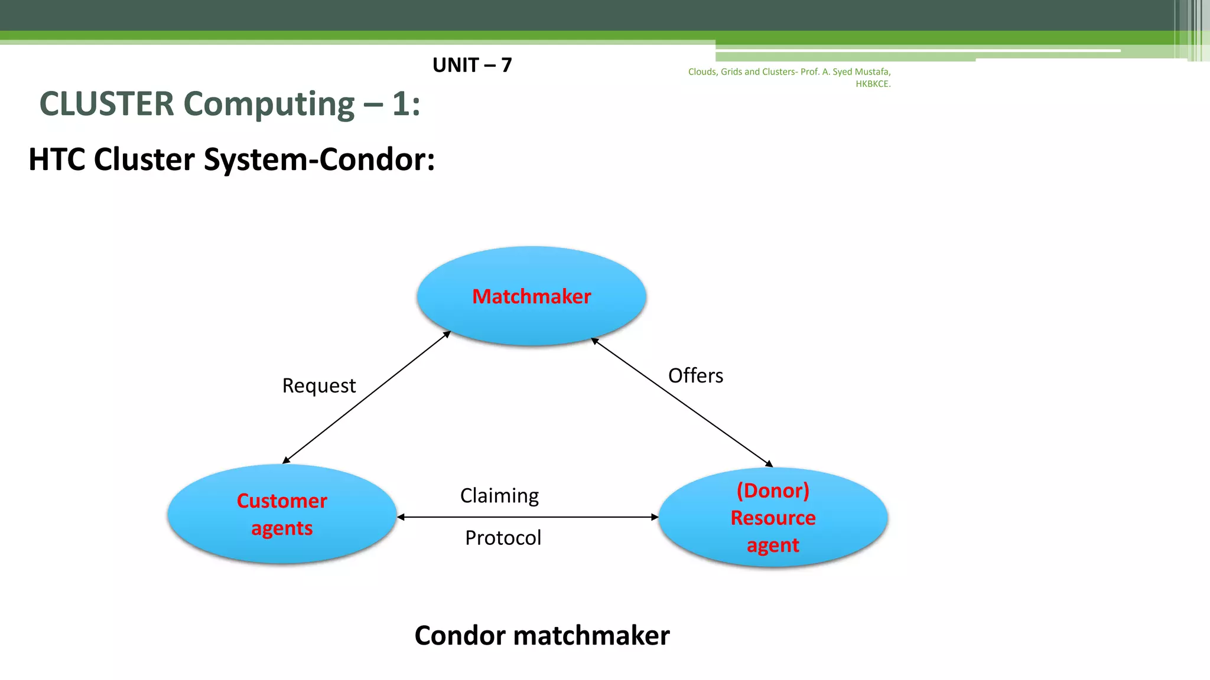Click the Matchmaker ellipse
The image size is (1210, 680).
[531, 319]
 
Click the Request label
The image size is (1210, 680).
[318, 385]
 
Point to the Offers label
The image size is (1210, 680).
[695, 375]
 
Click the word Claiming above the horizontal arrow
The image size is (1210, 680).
[499, 495]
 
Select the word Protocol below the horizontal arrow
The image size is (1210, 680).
[503, 538]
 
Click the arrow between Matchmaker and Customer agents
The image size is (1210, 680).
[366, 397]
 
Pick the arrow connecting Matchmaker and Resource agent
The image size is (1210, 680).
[682, 402]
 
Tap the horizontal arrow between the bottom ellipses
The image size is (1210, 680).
[528, 517]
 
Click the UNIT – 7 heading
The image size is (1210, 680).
[472, 65]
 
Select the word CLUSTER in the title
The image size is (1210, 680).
[107, 104]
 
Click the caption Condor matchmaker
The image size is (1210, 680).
[542, 635]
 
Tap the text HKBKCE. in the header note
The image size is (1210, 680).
[873, 84]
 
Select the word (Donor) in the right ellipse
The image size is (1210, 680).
[773, 490]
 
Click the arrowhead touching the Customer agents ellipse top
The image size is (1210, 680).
[286, 460]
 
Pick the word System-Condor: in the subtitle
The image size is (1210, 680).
[319, 159]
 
